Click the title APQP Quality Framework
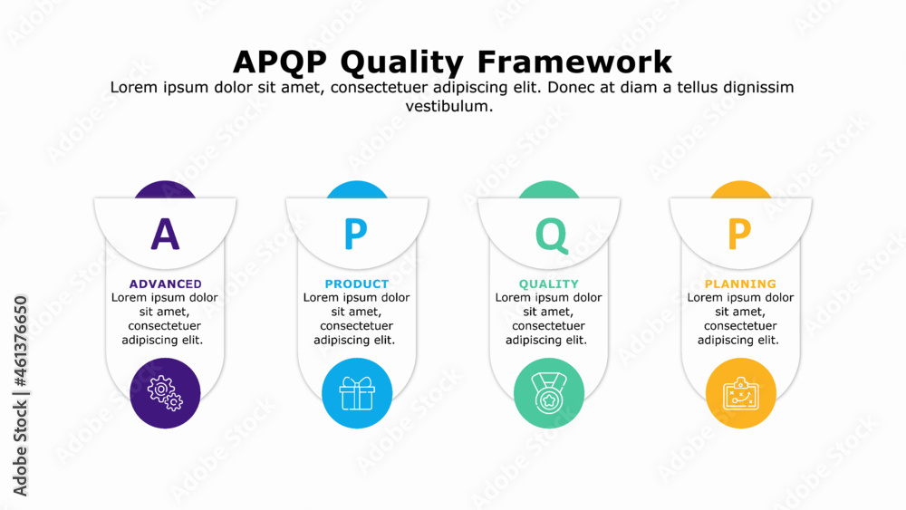point(452,62)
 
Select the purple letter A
point(165,235)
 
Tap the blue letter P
point(356,235)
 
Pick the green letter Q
point(550,235)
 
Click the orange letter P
point(740,235)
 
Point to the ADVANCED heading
point(165,284)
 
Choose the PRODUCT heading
point(356,284)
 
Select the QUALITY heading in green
point(548,284)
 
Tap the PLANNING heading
point(740,284)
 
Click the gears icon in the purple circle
point(165,393)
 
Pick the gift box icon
point(356,393)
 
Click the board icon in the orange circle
point(740,393)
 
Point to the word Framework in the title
point(574,62)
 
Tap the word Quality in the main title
point(403,62)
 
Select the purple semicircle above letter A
point(165,189)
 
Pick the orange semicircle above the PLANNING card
point(740,189)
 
